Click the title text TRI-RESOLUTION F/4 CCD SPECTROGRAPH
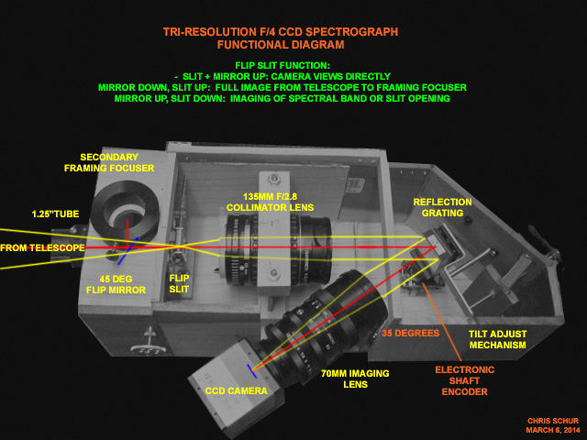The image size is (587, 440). [281, 32]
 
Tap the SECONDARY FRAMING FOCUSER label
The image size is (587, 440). [109, 163]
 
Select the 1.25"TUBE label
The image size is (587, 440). [55, 214]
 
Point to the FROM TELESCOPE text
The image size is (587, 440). [42, 247]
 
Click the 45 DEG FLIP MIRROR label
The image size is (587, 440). [116, 284]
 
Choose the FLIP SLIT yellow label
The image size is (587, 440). [179, 283]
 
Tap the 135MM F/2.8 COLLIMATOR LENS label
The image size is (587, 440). [270, 202]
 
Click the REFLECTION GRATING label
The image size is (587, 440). [442, 207]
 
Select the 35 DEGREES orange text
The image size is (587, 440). [410, 333]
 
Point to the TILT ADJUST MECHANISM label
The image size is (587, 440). [497, 339]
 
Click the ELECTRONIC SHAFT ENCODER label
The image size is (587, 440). [465, 381]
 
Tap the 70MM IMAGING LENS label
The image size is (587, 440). [355, 379]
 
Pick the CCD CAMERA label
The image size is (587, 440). [237, 391]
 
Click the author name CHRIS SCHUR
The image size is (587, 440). [553, 421]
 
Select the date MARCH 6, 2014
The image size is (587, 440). [553, 430]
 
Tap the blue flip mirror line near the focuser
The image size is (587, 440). [128, 251]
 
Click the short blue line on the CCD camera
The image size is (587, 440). [251, 371]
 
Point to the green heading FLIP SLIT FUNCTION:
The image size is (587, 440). [282, 65]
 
